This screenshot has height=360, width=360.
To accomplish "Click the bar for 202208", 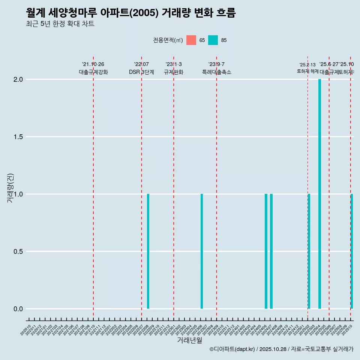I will [x=148, y=251].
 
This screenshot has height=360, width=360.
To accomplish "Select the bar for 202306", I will [x=202, y=251].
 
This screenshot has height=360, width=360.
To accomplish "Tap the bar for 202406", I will [x=266, y=251].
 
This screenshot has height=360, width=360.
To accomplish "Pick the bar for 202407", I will [x=271, y=251].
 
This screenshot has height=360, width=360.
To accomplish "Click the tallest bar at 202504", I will [x=319, y=194].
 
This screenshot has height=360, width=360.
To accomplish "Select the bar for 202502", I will [x=309, y=251].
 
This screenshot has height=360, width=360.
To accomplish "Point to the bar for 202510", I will [x=352, y=251].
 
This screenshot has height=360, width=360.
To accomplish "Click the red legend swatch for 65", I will [x=191, y=40].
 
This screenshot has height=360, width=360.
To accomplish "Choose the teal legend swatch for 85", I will [x=213, y=40].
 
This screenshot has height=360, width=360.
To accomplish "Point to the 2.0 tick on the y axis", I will [x=18, y=79].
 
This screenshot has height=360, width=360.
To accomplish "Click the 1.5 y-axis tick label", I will [x=18, y=137].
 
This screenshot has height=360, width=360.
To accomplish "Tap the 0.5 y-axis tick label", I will [x=18, y=252].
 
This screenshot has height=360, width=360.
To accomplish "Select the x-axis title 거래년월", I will [x=189, y=340].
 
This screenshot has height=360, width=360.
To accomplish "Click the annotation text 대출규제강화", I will [x=93, y=72].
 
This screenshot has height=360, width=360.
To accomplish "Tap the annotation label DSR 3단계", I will [x=141, y=72].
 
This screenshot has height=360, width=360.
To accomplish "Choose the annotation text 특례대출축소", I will [x=216, y=72].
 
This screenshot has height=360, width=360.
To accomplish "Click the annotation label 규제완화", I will [x=174, y=72].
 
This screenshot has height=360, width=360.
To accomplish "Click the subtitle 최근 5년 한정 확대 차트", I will [x=60, y=24].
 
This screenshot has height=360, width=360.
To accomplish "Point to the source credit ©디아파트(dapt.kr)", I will [x=232, y=349].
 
